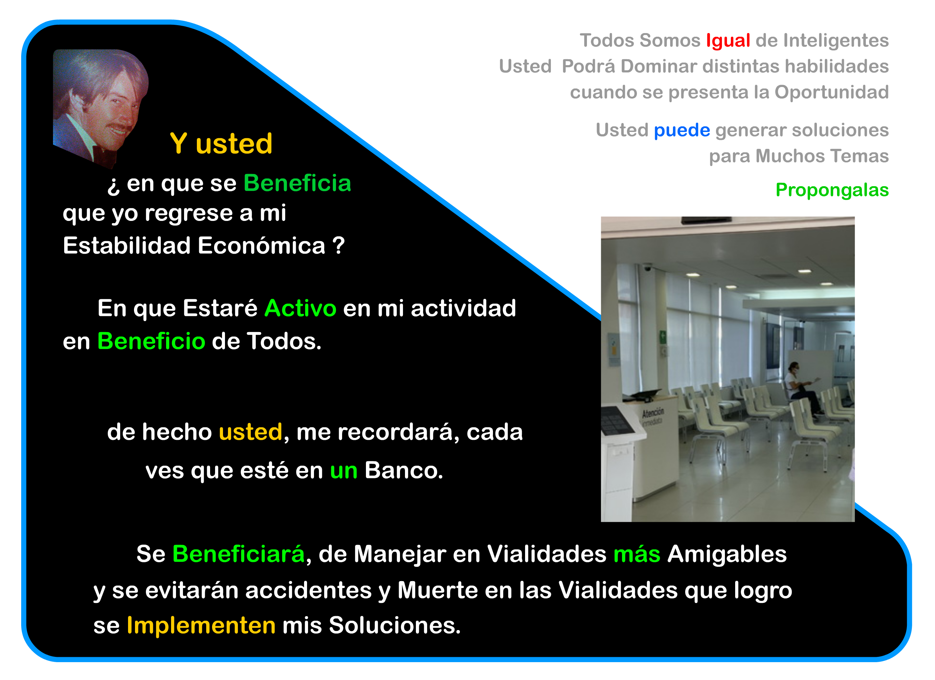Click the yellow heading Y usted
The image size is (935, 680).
[x=221, y=144]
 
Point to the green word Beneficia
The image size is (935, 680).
[x=297, y=183]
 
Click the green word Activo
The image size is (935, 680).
[x=300, y=308]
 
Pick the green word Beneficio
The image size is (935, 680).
[x=151, y=341]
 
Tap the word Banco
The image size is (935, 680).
[x=404, y=470]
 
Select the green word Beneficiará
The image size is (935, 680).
[x=239, y=554]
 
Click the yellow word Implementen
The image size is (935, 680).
[x=201, y=626]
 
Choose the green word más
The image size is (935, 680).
[x=637, y=554]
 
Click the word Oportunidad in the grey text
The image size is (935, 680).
[x=831, y=92]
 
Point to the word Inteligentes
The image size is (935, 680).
[x=836, y=41]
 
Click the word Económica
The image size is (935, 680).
[x=262, y=246]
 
